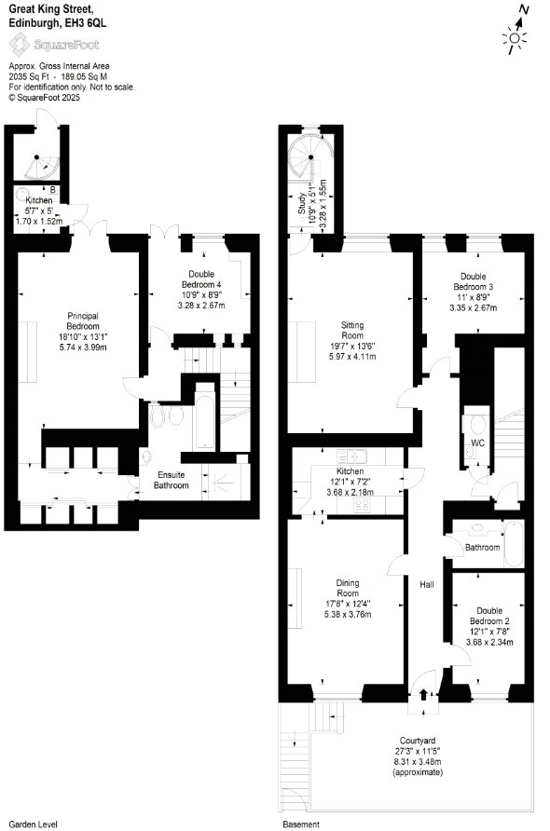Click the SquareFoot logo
[54, 45]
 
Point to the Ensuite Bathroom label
[171, 480]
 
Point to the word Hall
[427, 584]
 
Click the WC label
[477, 443]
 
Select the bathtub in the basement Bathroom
[513, 544]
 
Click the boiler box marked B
[52, 190]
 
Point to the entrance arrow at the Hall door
[423, 694]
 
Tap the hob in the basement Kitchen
[362, 506]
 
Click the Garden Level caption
[33, 824]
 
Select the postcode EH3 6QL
[88, 22]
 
